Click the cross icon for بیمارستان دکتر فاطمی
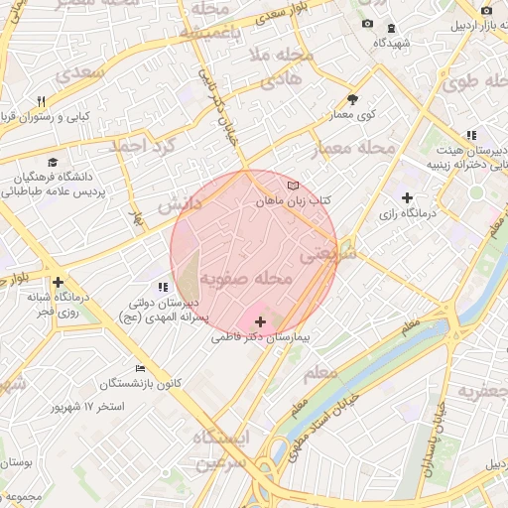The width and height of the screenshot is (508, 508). (261, 321)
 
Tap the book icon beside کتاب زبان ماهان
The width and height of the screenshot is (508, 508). (292, 186)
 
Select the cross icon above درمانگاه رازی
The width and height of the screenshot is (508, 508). (407, 197)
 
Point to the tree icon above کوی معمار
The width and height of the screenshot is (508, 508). (352, 99)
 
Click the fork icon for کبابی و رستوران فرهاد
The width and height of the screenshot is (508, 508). (42, 101)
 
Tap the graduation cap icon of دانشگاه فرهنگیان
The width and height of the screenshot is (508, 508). (52, 162)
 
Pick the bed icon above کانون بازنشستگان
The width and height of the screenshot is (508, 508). (140, 368)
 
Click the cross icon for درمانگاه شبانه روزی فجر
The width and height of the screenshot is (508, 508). (59, 282)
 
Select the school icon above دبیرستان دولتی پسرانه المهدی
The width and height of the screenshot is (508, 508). (164, 287)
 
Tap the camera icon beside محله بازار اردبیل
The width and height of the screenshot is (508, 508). (486, 11)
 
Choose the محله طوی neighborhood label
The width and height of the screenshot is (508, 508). (474, 80)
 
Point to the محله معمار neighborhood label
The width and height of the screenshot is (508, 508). (353, 149)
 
